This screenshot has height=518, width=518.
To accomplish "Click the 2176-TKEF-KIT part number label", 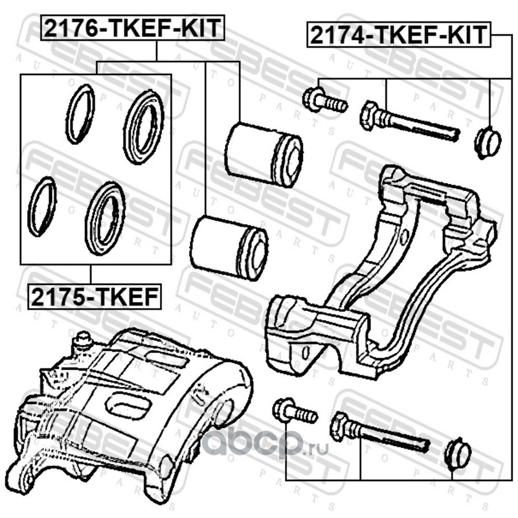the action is (x=132, y=29).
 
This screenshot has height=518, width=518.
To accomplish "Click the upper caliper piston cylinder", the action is (x=265, y=153).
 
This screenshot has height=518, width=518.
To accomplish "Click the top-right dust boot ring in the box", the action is (x=144, y=127).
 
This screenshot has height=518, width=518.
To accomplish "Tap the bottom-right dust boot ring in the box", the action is (x=106, y=217).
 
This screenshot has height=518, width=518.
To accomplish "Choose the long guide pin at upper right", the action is (x=409, y=124).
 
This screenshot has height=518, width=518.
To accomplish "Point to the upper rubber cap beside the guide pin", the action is (x=487, y=142).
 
